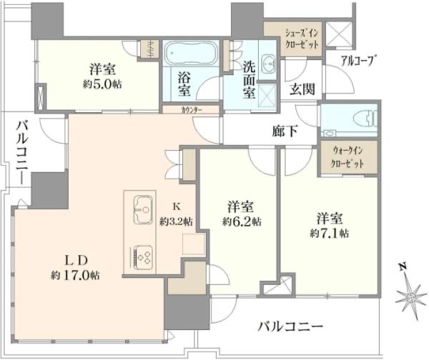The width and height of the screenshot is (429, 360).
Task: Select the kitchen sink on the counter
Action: (142, 210)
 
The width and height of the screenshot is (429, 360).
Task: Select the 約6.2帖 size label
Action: (237, 221)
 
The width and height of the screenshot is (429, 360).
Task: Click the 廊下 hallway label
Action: (285, 131)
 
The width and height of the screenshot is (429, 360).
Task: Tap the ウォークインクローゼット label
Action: (347, 157)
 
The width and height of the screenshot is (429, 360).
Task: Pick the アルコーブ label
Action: (358, 60)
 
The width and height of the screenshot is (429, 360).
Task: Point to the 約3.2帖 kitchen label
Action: (177, 221)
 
